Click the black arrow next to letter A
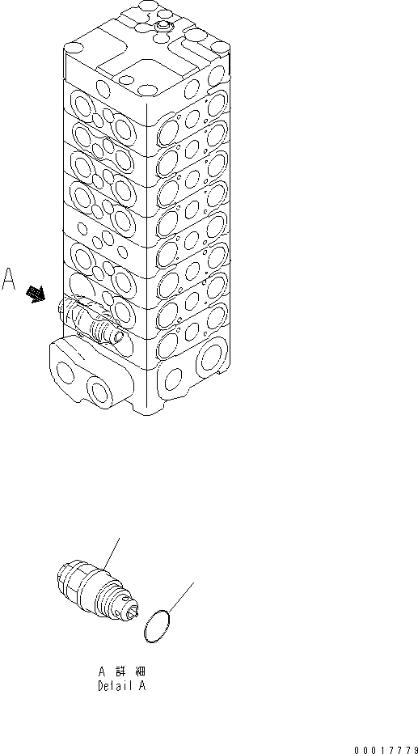[x=36, y=295]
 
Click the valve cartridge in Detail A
[x=91, y=588]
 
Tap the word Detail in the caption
[x=110, y=686]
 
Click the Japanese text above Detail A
[x=123, y=671]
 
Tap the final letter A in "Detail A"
[x=142, y=686]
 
